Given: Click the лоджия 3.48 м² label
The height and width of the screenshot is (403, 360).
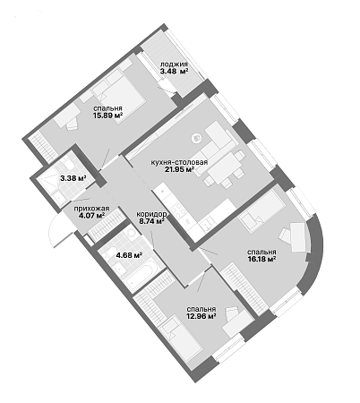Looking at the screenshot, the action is click(174, 68).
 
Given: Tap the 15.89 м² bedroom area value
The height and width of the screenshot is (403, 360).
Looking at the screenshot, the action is click(108, 115).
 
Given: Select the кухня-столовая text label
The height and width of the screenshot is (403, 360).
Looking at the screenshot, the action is click(179, 163).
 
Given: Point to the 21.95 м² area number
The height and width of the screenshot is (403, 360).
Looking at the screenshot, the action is click(179, 169).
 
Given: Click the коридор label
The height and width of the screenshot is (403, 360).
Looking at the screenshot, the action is click(151, 214).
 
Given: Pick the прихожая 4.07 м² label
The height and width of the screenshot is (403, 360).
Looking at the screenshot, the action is click(91, 212).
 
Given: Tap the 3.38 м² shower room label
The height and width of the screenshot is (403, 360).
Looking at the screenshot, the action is click(73, 178).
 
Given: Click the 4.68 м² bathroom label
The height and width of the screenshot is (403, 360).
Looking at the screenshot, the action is click(129, 255).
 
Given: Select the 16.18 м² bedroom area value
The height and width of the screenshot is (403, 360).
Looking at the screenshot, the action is click(261, 259).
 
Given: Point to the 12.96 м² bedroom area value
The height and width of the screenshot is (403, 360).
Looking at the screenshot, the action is click(201, 316).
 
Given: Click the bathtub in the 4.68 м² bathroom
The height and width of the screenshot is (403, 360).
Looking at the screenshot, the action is click(141, 274).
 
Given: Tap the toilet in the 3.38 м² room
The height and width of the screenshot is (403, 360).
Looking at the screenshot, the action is click(68, 163).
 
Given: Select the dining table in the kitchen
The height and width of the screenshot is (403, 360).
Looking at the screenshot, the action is click(223, 168).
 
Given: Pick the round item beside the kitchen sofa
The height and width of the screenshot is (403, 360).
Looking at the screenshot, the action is click(197, 138).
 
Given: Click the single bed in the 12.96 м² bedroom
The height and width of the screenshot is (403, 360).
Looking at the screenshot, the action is click(181, 337).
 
